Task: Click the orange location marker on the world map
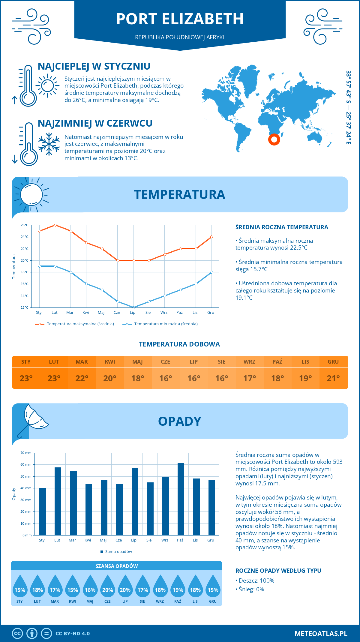274,139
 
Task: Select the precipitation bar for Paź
181,499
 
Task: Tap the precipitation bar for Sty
43,511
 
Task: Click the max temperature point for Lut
55,225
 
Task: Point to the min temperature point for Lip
133,307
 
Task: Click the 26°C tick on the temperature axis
25,225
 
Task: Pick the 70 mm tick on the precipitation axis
26,453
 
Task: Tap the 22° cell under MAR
82,378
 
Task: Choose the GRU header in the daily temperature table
333,361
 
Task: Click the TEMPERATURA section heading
179,194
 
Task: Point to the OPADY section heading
179,421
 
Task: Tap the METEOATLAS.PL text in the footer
321,634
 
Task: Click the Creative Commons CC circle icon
17,634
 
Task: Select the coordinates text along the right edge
348,107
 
